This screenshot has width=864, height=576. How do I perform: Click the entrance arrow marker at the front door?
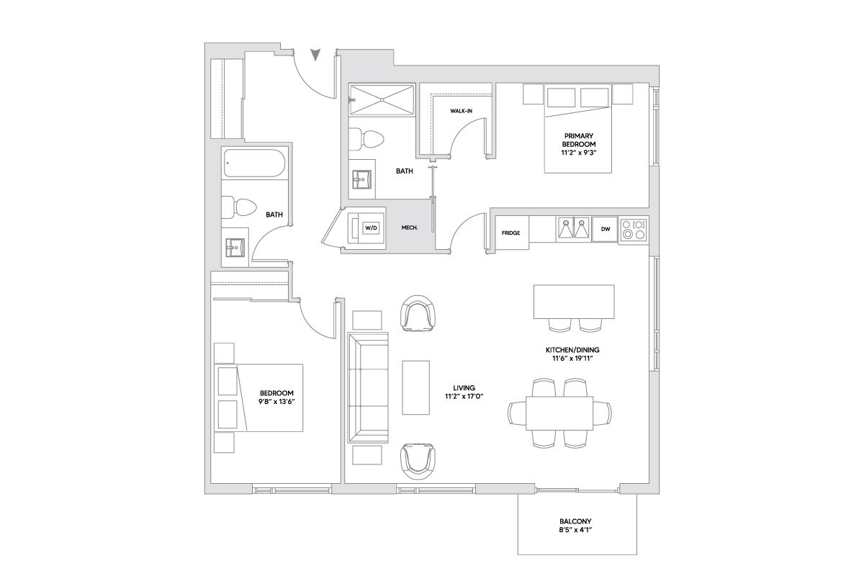click(315, 55)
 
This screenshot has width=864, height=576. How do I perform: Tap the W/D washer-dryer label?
click(371, 228)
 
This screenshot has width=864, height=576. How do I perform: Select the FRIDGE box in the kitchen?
click(510, 233)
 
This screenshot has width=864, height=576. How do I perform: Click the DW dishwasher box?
click(605, 229)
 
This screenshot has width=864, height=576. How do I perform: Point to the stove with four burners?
click(634, 229)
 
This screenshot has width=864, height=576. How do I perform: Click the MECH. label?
click(410, 228)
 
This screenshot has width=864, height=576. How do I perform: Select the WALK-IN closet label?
click(461, 111)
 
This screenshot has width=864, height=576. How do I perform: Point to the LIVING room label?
click(464, 387)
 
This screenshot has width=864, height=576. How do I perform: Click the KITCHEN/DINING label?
click(572, 350)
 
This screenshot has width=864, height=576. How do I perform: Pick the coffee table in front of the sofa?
click(415, 387)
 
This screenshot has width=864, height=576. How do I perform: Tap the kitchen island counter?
click(573, 301)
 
